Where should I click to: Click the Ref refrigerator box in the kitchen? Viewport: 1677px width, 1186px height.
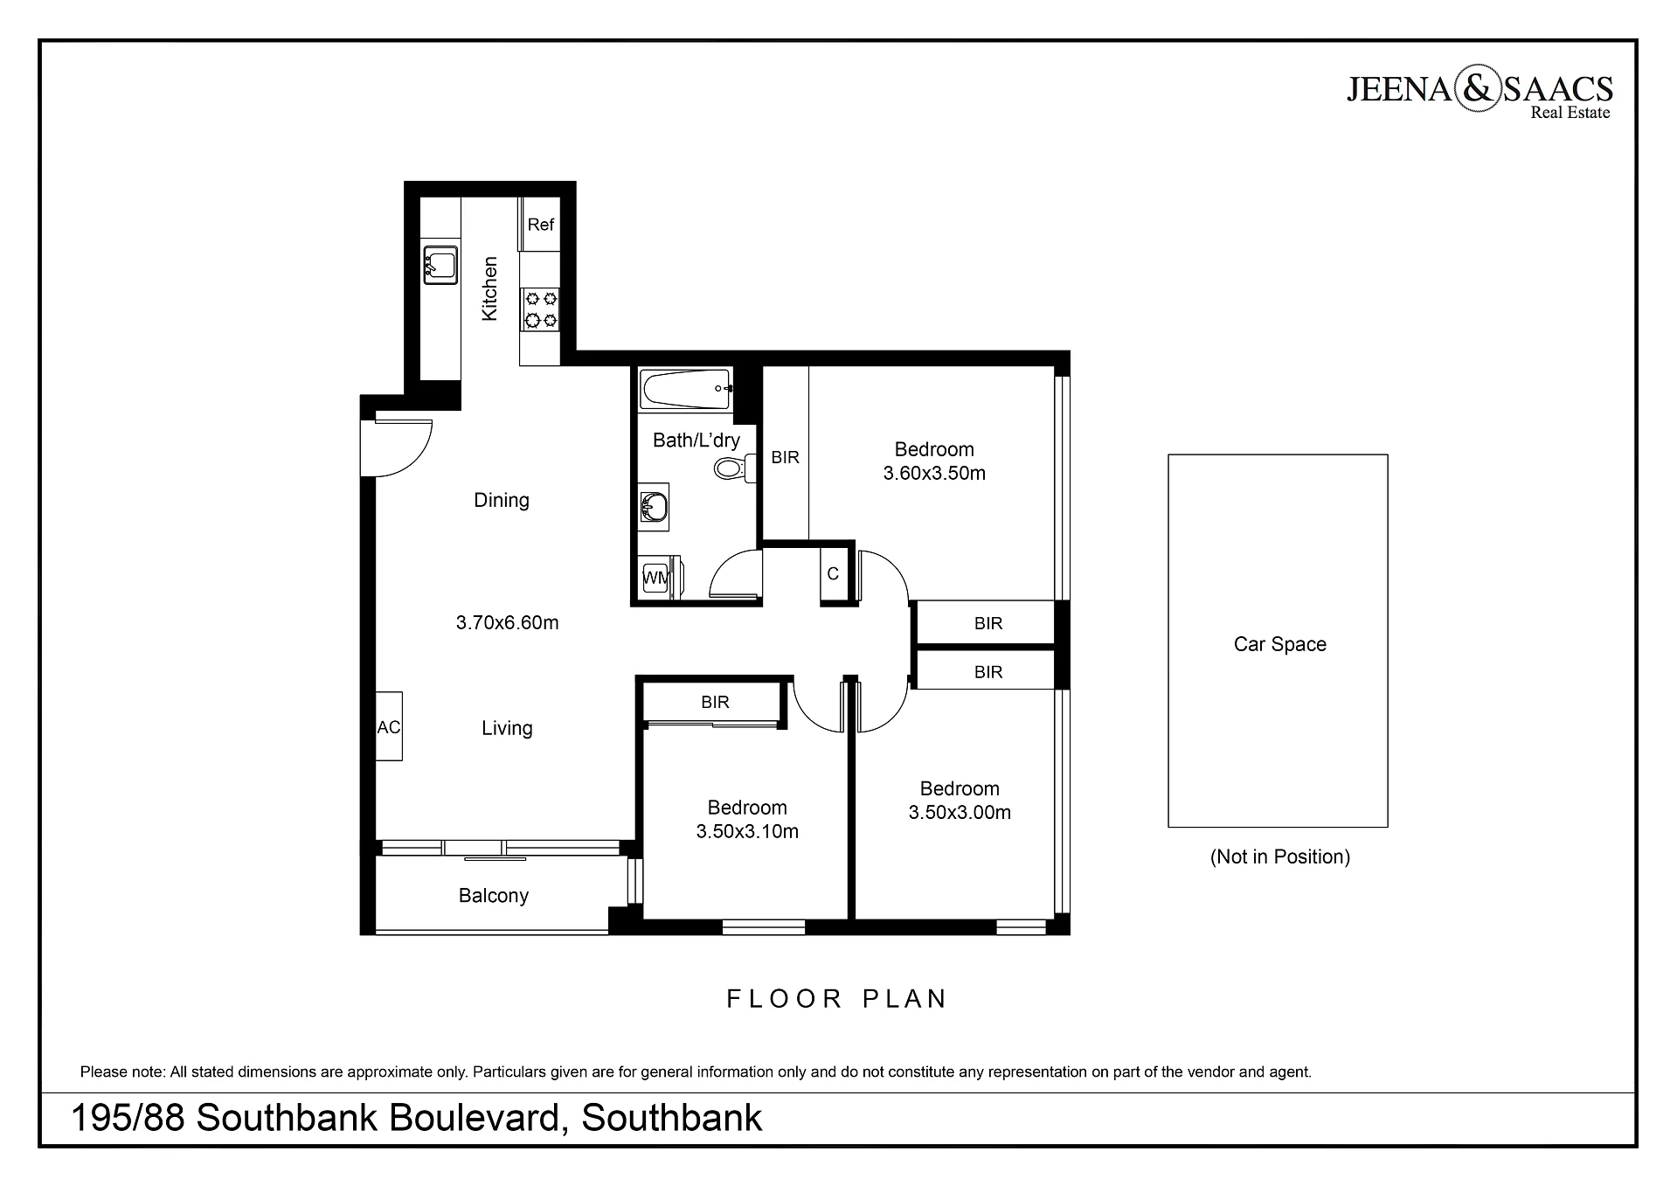(539, 224)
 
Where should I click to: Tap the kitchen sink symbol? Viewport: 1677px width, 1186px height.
(440, 265)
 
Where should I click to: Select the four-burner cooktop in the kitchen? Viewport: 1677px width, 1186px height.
(540, 309)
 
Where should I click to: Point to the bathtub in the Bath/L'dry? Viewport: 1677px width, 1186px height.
(686, 390)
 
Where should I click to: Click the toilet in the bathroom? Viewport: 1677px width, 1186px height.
(733, 469)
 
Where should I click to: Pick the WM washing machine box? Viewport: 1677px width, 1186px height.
(655, 577)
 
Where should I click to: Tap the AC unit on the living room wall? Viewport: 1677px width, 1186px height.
(389, 726)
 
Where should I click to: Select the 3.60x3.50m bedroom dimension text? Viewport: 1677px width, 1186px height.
(934, 474)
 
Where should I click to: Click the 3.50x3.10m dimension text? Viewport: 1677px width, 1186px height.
(747, 832)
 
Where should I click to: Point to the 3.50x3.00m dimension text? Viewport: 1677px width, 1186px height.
(960, 813)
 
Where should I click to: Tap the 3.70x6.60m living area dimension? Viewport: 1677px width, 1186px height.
(507, 623)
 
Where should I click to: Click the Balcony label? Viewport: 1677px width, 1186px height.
(494, 896)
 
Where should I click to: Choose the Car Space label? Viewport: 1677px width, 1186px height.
(1279, 645)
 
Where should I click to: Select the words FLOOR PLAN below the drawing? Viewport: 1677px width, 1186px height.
(837, 999)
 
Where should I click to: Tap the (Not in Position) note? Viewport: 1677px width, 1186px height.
(1279, 857)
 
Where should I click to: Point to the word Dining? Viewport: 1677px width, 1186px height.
(502, 501)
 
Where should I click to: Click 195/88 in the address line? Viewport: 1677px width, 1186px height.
(128, 1119)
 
